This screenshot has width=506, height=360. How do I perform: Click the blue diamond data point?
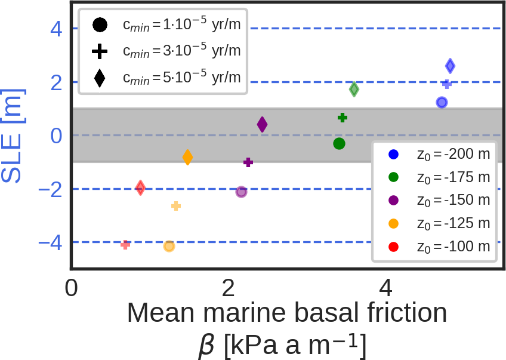pyautogui.click(x=450, y=66)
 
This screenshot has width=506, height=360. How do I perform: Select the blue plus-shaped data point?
pyautogui.click(x=446, y=84)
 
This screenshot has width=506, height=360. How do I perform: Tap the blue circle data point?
pyautogui.click(x=442, y=102)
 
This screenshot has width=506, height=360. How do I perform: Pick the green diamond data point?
pyautogui.click(x=354, y=89)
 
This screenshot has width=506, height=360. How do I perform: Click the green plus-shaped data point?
pyautogui.click(x=343, y=118)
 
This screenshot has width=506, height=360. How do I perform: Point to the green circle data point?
pyautogui.click(x=339, y=143)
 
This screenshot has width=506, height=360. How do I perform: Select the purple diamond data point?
pyautogui.click(x=262, y=124)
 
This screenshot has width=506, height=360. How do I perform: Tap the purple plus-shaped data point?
pyautogui.click(x=248, y=162)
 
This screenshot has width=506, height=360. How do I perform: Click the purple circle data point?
pyautogui.click(x=241, y=192)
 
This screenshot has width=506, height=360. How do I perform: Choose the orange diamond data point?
pyautogui.click(x=187, y=158)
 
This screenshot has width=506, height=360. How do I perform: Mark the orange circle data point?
pyautogui.click(x=169, y=246)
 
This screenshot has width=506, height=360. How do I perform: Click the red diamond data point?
pyautogui.click(x=140, y=187)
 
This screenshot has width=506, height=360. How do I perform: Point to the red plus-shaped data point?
pyautogui.click(x=125, y=244)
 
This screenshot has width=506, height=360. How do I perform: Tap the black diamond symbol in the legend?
pyautogui.click(x=100, y=78)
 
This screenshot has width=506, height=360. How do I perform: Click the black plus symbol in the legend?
pyautogui.click(x=100, y=52)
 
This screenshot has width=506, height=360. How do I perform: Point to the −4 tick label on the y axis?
pyautogui.click(x=50, y=242)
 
